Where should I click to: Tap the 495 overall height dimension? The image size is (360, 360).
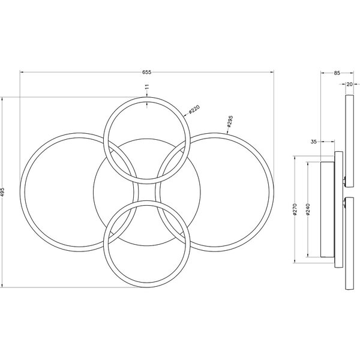click(4, 191)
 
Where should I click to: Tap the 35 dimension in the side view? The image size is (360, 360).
click(314, 142)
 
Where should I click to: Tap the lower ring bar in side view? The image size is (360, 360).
click(349, 246)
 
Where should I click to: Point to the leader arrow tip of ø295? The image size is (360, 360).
click(223, 134)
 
